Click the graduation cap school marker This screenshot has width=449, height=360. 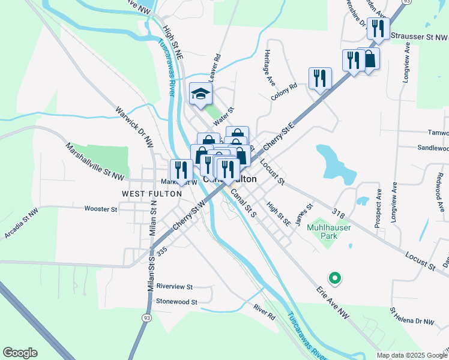pos(201,94)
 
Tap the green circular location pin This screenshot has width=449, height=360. pos(334,278)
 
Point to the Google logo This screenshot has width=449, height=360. pos(20,353)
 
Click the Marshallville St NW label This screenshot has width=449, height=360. pos(95,161)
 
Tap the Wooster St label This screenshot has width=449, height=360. pos(101,209)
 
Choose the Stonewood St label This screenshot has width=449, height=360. pos(176,302)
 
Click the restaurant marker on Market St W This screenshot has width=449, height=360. pos(179,170)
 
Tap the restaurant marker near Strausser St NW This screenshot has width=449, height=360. pos(378,28)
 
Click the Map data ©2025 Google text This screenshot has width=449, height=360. pos(412,355)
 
